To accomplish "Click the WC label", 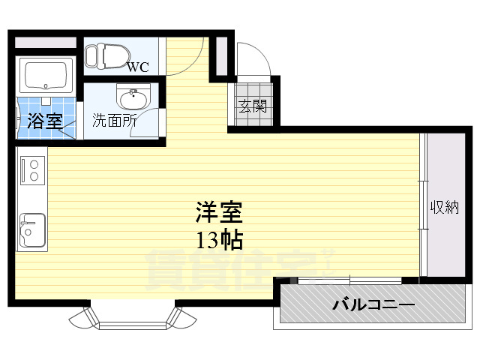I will tap(137, 67).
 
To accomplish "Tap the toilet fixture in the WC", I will tap(106, 55).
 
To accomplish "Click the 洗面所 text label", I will tap(114, 119).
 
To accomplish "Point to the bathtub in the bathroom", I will tap(46, 75).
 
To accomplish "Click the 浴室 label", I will tap(45, 120).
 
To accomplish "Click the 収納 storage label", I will tap(443, 207).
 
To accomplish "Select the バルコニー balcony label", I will tap(373, 305).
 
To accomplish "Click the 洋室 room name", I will tap(219, 213).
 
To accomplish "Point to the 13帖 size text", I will tap(219, 240).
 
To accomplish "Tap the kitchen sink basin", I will tap(31, 228).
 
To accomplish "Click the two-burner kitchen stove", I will tap(32, 170).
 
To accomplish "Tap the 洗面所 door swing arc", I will tap(153, 121).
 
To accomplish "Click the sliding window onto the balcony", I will tap(349, 281).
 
